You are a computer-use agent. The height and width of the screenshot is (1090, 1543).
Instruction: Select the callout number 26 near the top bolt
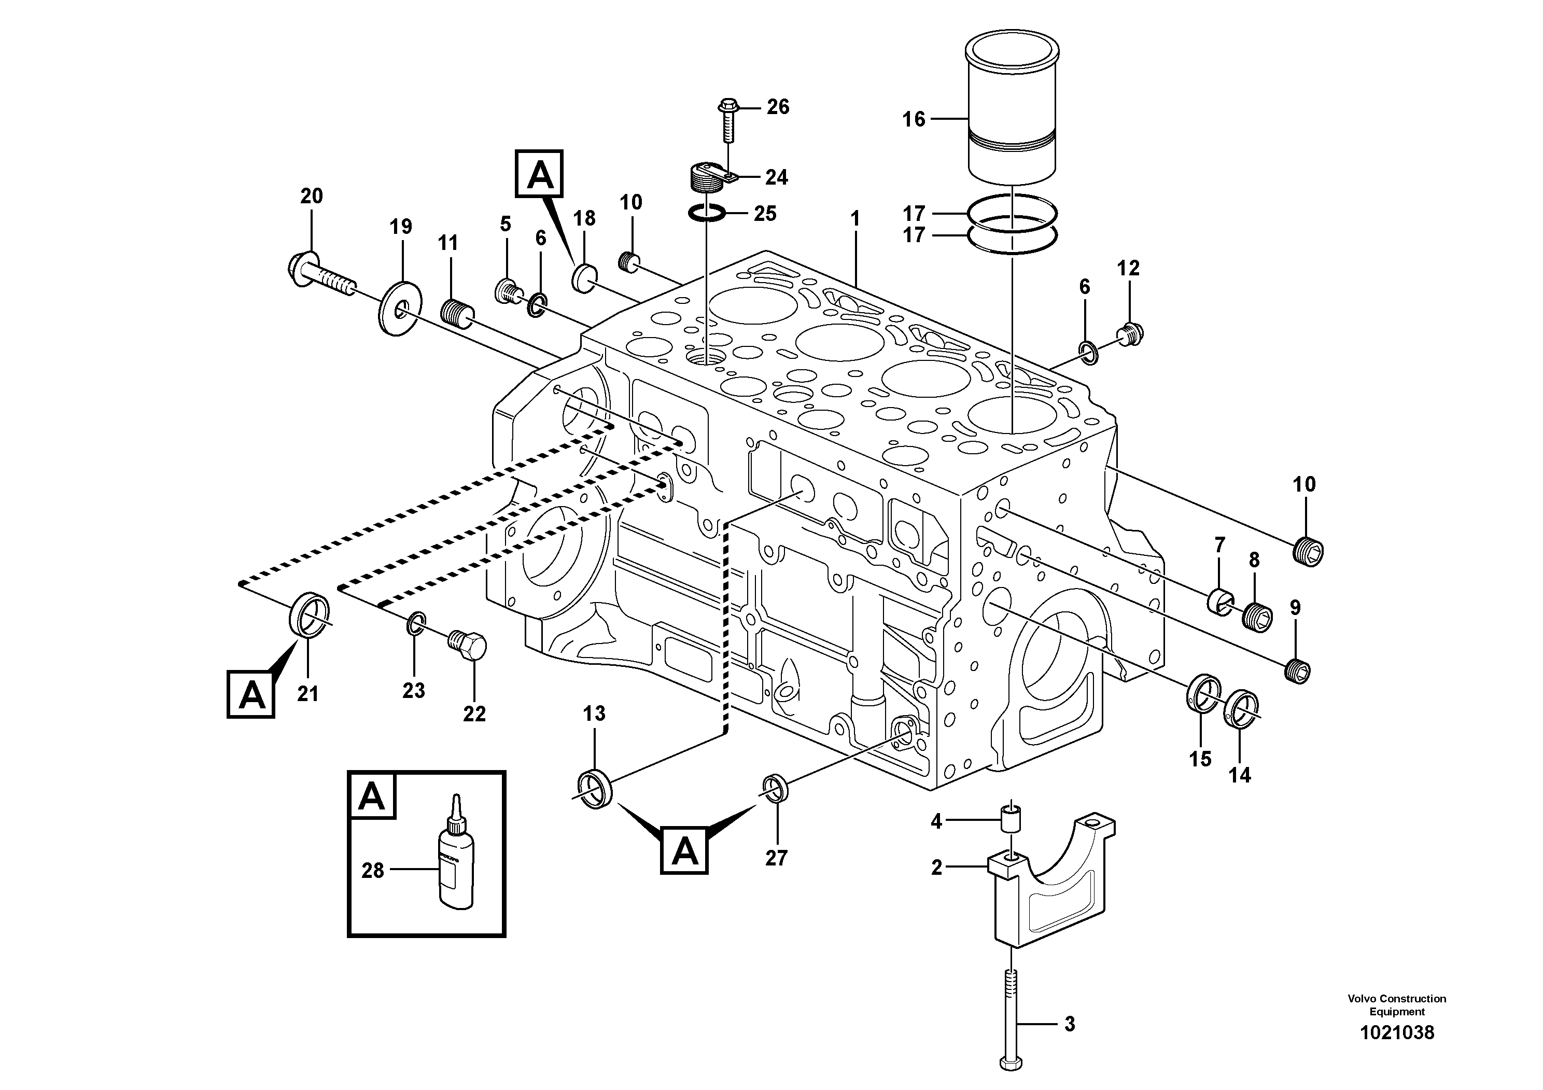click(778, 107)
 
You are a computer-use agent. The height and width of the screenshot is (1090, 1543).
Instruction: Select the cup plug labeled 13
click(595, 790)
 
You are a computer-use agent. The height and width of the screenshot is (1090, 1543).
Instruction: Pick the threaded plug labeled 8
click(1258, 618)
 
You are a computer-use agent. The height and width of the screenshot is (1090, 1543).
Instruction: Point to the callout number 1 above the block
click(855, 218)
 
